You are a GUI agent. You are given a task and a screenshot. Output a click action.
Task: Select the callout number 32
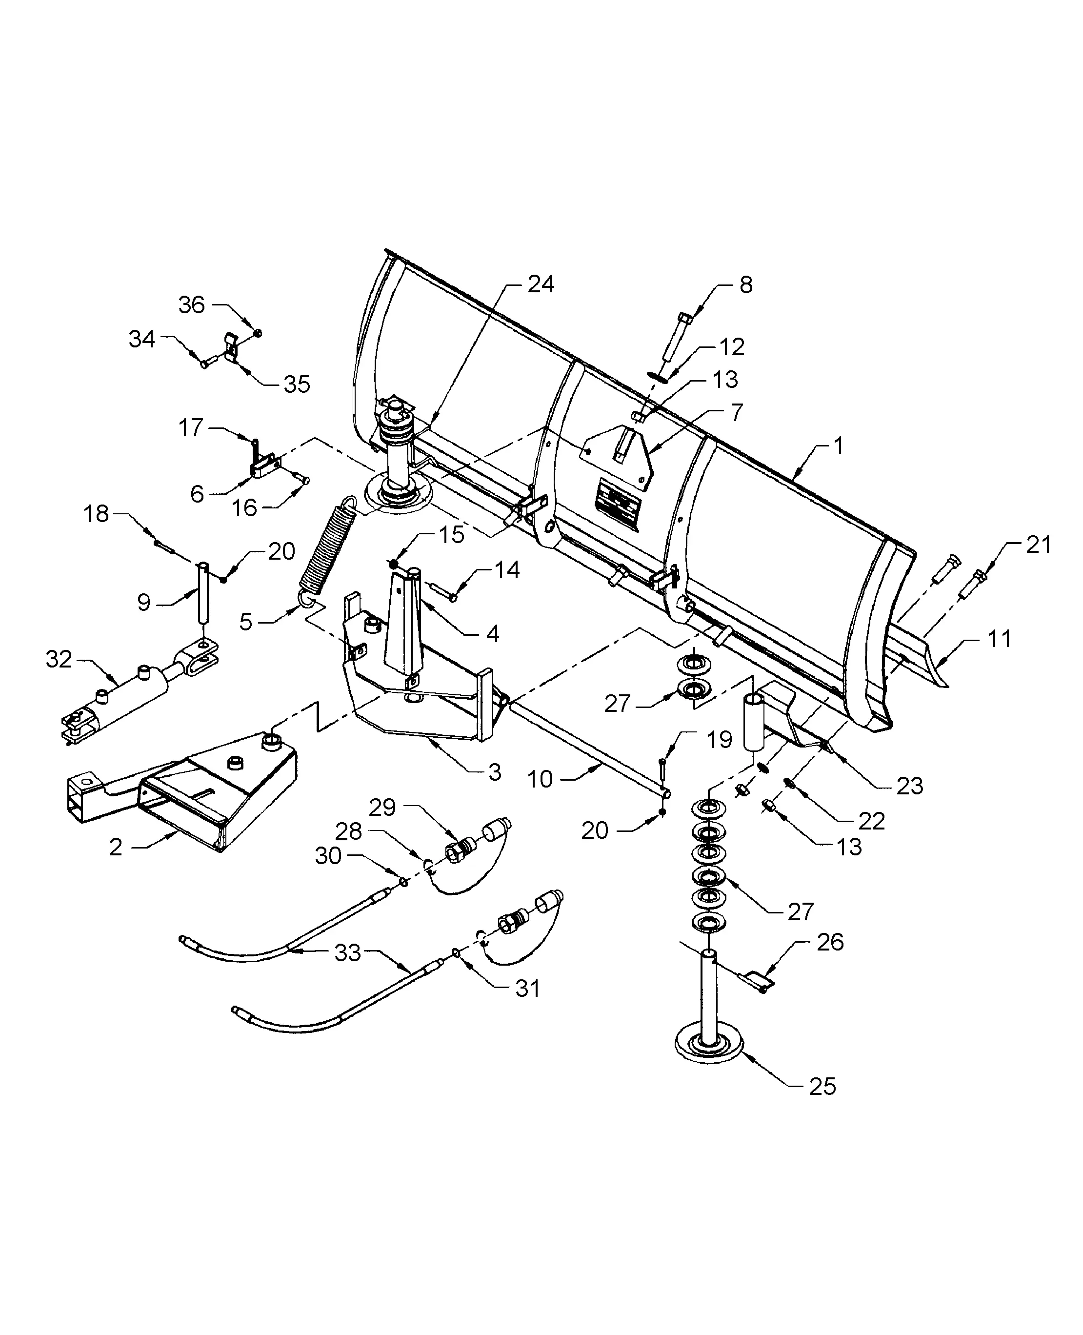pos(59,659)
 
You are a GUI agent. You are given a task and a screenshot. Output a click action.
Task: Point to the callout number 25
pos(822,1086)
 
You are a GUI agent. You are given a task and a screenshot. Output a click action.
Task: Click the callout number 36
pos(192,304)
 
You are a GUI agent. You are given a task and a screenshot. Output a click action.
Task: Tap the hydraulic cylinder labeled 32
pos(128,702)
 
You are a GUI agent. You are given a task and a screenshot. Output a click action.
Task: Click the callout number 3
pos(495,772)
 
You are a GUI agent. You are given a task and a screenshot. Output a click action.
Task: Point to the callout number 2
pos(116,847)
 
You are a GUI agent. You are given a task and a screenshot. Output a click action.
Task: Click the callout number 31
pos(527,988)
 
